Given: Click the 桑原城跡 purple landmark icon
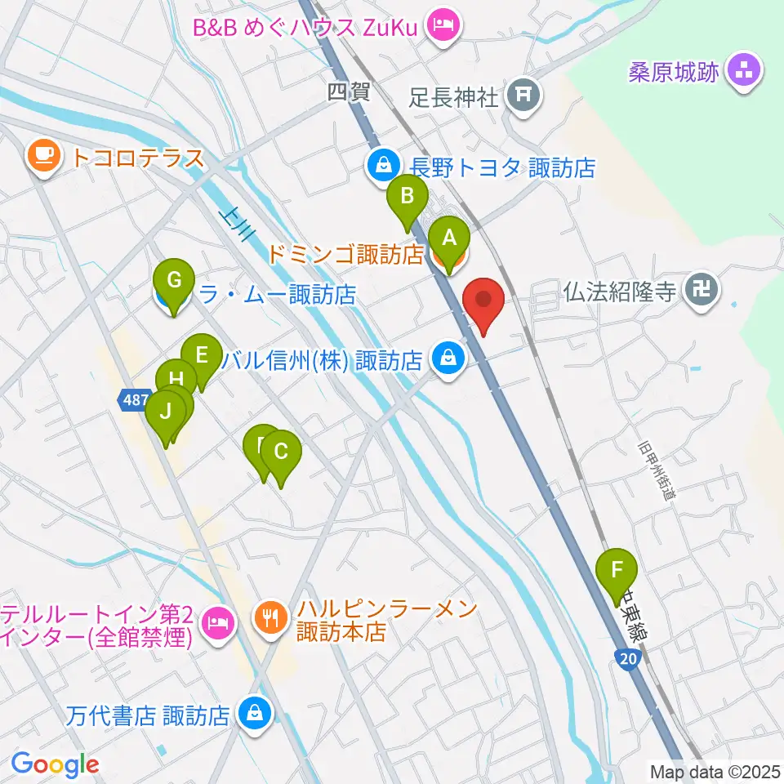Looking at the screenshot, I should pyautogui.click(x=744, y=72).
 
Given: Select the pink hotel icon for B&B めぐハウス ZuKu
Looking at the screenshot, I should pyautogui.click(x=444, y=26).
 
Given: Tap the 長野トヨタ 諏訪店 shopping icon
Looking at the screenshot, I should pyautogui.click(x=381, y=167).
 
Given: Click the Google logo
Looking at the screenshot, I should pyautogui.click(x=55, y=764).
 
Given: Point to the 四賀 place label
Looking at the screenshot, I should pyautogui.click(x=349, y=91).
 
